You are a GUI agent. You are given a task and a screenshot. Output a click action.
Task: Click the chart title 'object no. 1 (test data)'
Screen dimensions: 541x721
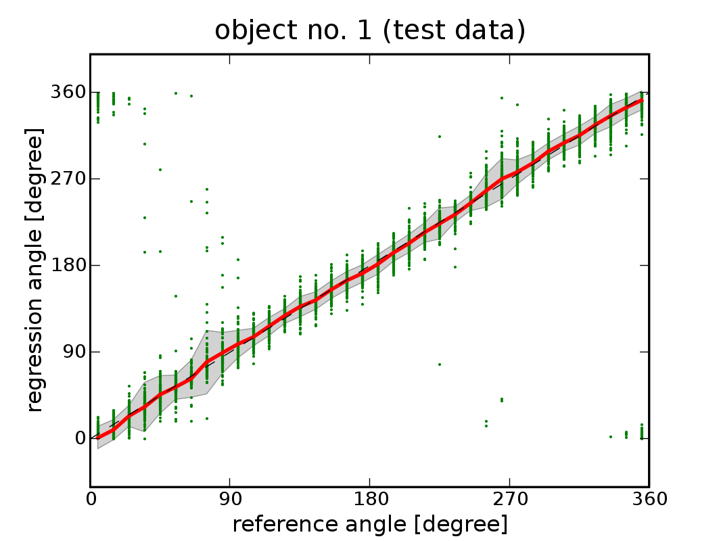coord(370,30)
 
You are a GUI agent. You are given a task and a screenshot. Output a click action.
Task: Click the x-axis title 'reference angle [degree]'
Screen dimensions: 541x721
coord(370,524)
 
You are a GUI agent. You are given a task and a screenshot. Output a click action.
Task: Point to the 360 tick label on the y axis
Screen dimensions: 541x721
coord(67,92)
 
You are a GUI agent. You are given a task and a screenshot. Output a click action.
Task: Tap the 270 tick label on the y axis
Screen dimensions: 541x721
coord(67,179)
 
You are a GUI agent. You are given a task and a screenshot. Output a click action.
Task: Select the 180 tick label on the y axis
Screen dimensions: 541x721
coord(67,265)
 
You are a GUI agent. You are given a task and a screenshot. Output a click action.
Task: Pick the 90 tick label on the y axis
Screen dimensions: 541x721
coord(72,352)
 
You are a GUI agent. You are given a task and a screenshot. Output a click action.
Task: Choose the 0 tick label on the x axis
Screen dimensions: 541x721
coord(91,500)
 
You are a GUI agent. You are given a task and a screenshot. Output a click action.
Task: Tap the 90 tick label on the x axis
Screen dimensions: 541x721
coord(230,500)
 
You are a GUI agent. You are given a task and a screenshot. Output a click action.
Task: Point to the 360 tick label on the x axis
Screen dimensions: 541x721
coord(649,500)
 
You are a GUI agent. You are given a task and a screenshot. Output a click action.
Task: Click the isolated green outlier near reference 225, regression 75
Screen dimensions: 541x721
coord(440,364)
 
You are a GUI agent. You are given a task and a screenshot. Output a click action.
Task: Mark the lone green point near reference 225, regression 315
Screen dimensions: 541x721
coord(440,136)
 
